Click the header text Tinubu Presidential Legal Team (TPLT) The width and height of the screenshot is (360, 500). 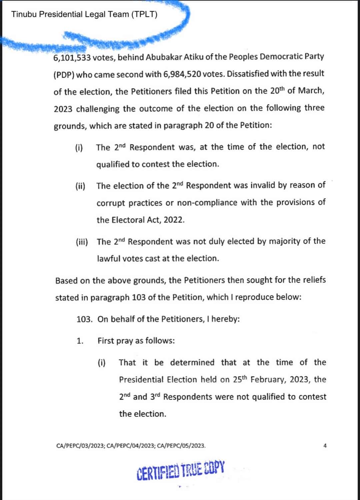point(84,14)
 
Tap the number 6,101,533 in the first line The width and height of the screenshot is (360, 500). point(72,58)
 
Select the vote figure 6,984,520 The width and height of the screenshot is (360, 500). point(182,74)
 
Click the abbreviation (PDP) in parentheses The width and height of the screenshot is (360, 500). point(64,75)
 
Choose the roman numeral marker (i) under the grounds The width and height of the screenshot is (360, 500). point(79,147)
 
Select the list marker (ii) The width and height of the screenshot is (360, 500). point(80,186)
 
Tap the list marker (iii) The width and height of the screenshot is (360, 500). point(82,242)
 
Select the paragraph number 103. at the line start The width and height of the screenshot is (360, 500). point(85,319)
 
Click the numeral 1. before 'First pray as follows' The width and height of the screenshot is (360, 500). point(80,341)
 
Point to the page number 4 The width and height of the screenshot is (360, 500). point(325,446)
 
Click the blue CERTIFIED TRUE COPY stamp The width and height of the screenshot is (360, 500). point(181,471)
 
